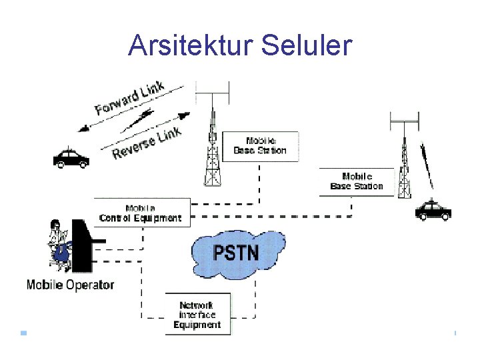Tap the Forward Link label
(x=130, y=99)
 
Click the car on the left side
(x=71, y=158)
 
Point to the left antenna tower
(x=212, y=150)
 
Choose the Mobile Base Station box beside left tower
(x=260, y=146)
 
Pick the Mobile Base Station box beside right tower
(x=357, y=181)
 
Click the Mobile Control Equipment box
(x=141, y=213)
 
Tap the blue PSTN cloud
(x=237, y=252)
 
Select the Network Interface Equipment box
(x=197, y=315)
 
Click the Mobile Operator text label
(x=70, y=285)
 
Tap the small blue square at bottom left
(x=23, y=332)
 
